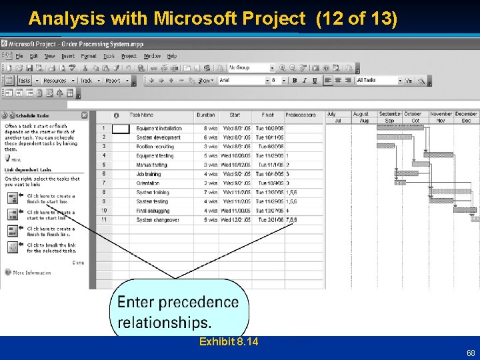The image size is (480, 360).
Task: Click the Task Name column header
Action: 141,115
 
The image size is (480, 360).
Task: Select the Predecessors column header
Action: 301,115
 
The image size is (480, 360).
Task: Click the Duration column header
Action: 206,115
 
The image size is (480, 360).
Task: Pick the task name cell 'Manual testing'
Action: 151,165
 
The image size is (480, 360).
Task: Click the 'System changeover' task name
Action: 157,219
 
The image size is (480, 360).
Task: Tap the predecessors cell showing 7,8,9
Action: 291,219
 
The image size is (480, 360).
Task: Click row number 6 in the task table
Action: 103,174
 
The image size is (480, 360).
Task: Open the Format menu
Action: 89,56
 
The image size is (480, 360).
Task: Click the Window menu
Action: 152,56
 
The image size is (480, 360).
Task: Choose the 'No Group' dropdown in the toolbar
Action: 251,68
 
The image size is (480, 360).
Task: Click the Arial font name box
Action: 242,81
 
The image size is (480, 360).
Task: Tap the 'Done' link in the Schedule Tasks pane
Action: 78,262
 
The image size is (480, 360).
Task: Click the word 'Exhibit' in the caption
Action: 216,342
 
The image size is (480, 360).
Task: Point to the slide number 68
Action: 471,352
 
